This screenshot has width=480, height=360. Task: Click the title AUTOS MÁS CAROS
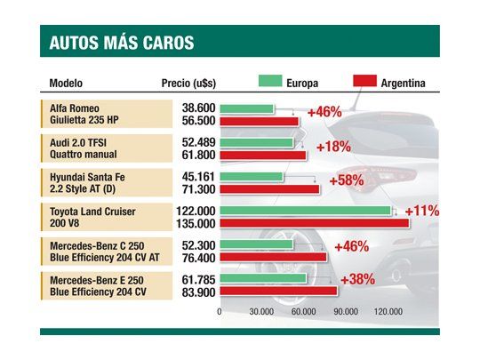[123, 43]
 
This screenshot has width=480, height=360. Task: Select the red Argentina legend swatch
[363, 83]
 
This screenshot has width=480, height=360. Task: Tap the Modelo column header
[66, 84]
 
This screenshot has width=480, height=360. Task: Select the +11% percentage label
[423, 212]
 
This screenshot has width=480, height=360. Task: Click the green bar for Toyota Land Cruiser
[305, 211]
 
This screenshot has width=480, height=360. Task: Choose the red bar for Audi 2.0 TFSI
[263, 156]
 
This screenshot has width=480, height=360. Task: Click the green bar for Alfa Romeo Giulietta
[246, 108]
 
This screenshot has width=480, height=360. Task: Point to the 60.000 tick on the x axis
[304, 312]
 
